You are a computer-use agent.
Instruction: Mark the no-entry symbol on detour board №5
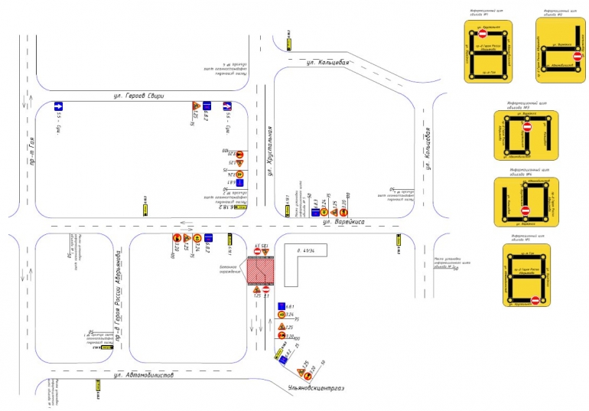point(535,300)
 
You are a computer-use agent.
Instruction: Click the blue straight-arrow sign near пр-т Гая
point(57,106)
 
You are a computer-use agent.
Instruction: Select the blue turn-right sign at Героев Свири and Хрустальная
point(227,106)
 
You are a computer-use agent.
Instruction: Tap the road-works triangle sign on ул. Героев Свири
point(197,105)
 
